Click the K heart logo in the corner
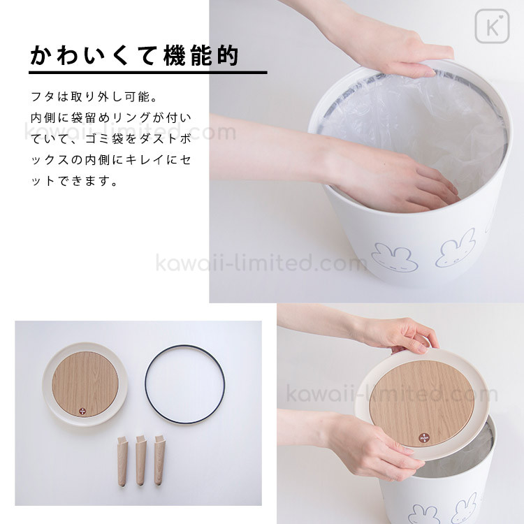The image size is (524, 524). click(x=492, y=27)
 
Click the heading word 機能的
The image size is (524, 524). click(x=201, y=55)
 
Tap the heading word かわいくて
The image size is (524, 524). click(x=93, y=55)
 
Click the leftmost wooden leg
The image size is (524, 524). click(x=122, y=460)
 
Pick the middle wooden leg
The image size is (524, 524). click(x=141, y=460)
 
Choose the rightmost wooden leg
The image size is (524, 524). click(x=160, y=460)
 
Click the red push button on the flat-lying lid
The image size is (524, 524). click(x=82, y=412)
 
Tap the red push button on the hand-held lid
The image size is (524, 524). click(x=424, y=438)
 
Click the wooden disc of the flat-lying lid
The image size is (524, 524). click(x=85, y=384)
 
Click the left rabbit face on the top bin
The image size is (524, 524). click(x=395, y=258)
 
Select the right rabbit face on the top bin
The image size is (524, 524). click(x=455, y=247)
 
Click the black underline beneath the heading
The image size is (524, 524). click(x=148, y=72)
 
